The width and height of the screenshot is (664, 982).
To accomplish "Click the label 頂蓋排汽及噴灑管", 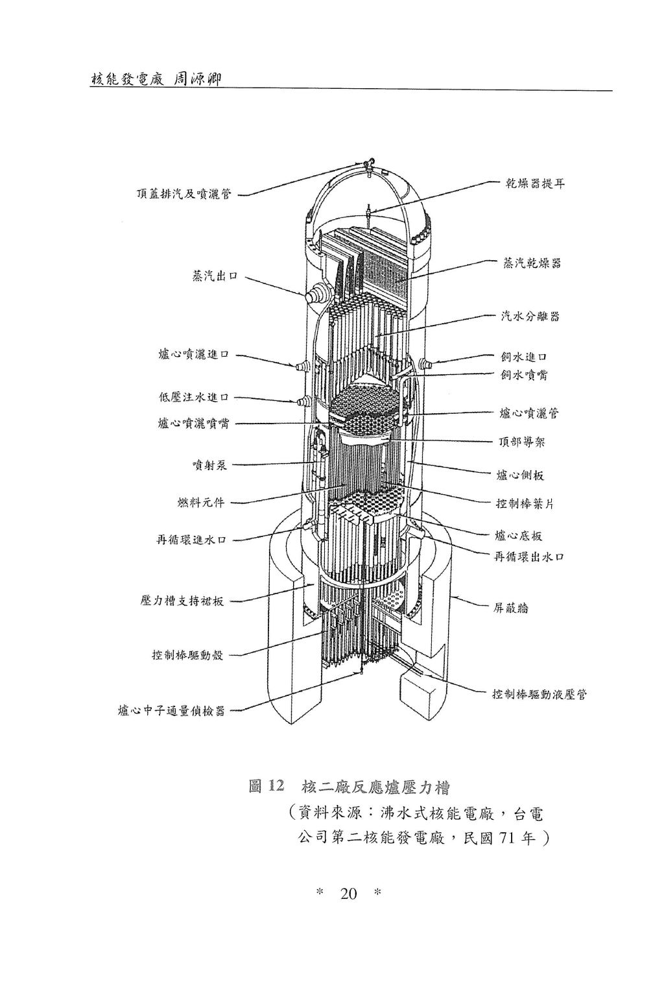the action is tap(184, 194).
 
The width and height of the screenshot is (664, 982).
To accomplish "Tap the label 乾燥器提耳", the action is tap(534, 184).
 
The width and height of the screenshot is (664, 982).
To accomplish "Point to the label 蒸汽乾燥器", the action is tap(532, 263).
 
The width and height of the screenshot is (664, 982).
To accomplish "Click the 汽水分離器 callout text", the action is tap(530, 316).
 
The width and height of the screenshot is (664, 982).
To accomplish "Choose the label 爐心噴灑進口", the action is tap(193, 354).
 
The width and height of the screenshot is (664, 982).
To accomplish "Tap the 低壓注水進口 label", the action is tap(193, 397).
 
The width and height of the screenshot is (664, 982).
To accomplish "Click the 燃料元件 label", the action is tap(201, 503).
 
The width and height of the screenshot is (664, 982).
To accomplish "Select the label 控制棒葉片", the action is tap(525, 504).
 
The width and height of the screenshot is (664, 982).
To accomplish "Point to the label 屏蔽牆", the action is tap(510, 608).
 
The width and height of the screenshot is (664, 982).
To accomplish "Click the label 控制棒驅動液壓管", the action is tap(539, 695).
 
